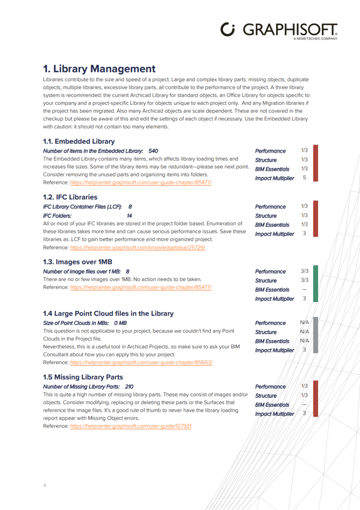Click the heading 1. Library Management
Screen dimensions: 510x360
coord(99,69)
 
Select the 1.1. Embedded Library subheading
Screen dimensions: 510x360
coord(78,141)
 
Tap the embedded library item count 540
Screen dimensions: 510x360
coord(153,151)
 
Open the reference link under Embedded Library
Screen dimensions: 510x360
coord(141,182)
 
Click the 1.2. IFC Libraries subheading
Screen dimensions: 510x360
coord(70,197)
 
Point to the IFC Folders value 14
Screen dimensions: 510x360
coord(129,215)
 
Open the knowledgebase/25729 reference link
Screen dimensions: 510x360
coord(137,247)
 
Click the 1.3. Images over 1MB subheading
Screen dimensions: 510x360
coord(78,262)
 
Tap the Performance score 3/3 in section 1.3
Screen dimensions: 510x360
coord(304,271)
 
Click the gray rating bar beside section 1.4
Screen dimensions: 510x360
coord(315,335)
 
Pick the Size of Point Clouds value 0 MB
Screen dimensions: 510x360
coord(120,323)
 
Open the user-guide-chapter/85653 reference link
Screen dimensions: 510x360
coord(141,362)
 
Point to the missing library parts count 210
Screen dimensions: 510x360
coord(129,386)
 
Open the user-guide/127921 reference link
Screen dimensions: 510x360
coord(131,426)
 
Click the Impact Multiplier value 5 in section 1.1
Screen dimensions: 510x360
coord(304,177)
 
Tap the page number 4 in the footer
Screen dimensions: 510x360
coord(45,485)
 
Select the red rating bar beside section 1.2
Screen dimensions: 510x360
coord(315,219)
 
